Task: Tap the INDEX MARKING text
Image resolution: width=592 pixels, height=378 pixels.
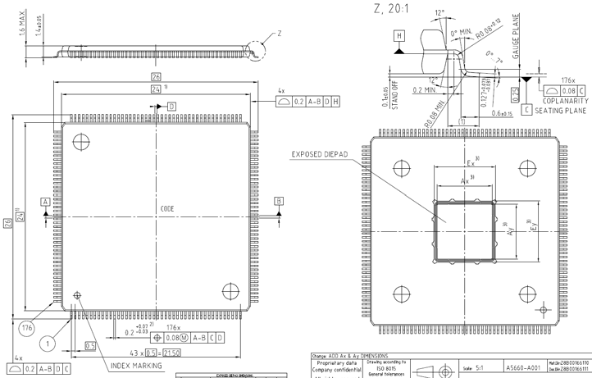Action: (x=136, y=366)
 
